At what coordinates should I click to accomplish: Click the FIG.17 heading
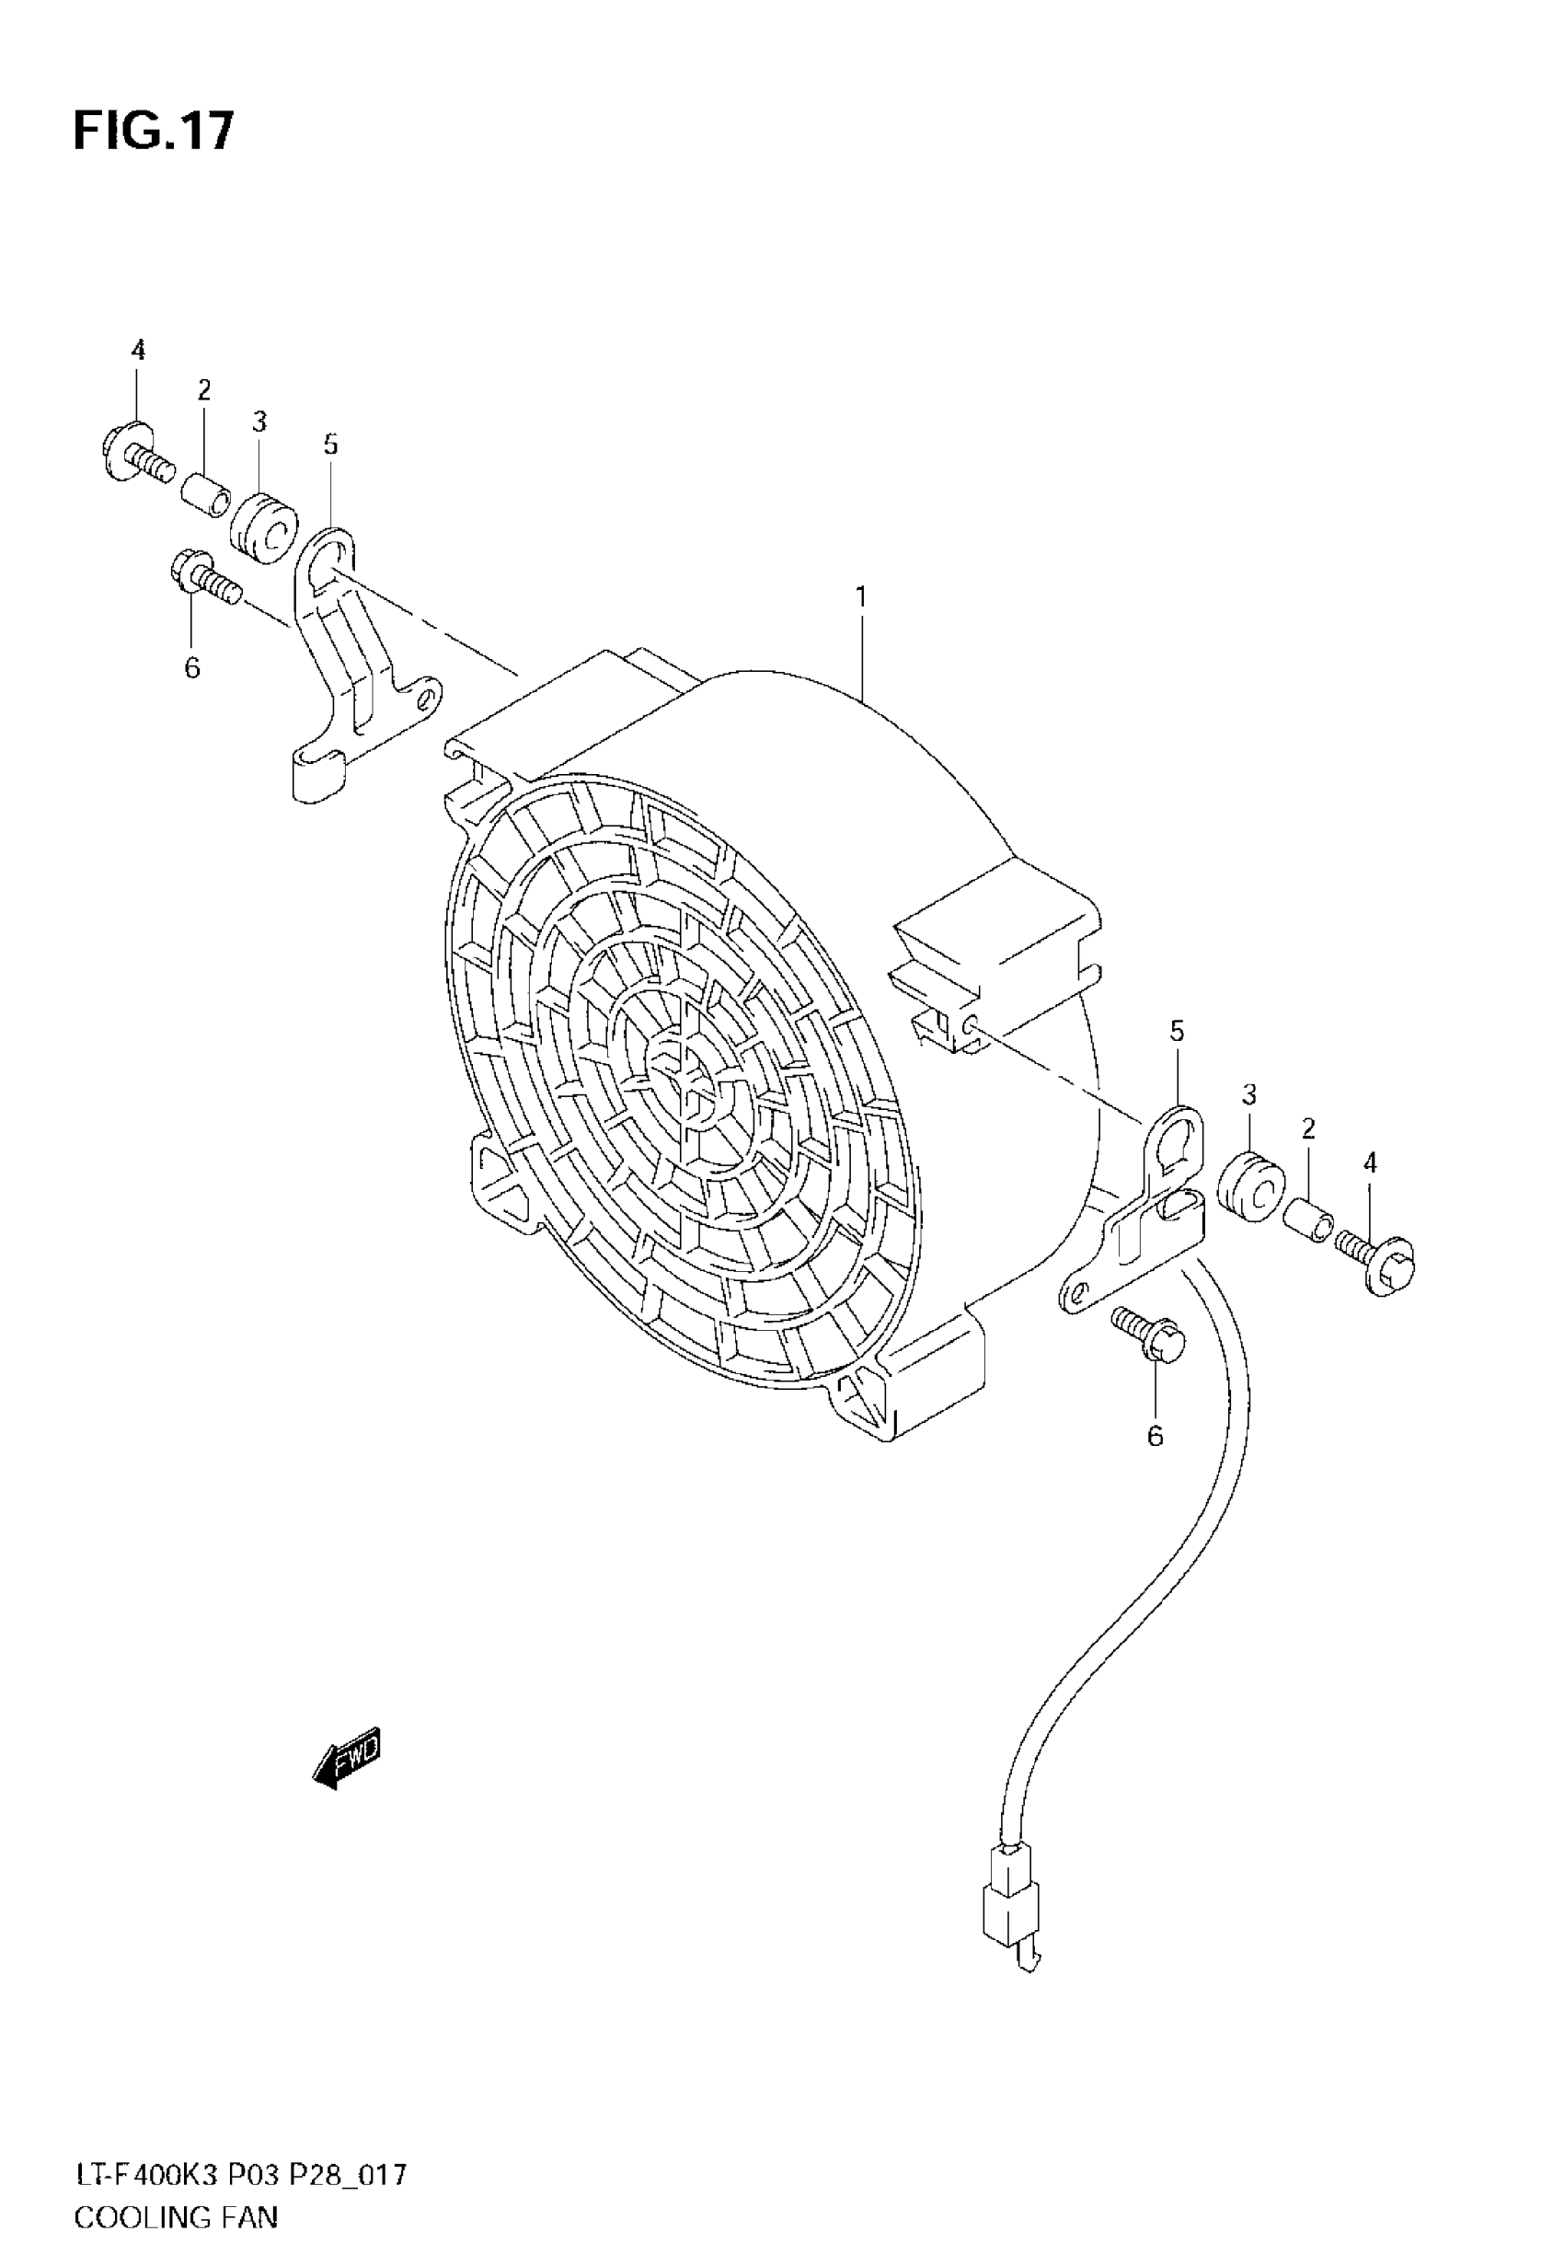[x=154, y=132]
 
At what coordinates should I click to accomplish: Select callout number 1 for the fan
[x=860, y=597]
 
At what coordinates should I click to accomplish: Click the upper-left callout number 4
[x=138, y=350]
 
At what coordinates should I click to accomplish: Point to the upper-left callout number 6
[x=192, y=667]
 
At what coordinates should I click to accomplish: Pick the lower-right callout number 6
[x=1156, y=1436]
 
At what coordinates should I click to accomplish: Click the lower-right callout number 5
[x=1177, y=1031]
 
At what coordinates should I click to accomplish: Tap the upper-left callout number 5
[x=331, y=445]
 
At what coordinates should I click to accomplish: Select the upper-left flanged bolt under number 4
[x=137, y=457]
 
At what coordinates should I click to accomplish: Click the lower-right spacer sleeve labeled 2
[x=1307, y=1224]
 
